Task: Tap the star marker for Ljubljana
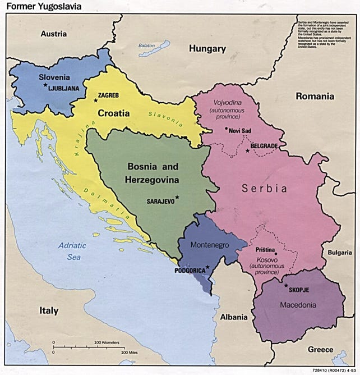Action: click(x=44, y=85)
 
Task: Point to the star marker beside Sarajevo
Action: click(x=177, y=196)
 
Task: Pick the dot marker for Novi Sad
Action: click(x=226, y=129)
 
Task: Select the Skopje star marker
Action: click(x=285, y=285)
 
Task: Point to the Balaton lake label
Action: click(x=146, y=45)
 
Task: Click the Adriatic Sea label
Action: click(x=76, y=250)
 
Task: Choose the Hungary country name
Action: click(x=207, y=49)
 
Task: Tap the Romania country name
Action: click(x=315, y=96)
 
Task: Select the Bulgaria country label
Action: click(x=340, y=253)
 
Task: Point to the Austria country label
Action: click(x=53, y=34)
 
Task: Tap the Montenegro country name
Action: click(x=209, y=245)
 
